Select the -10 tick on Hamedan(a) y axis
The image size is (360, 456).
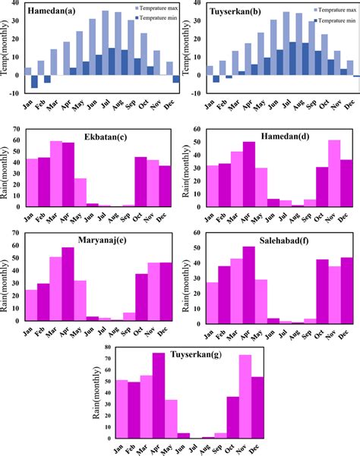point(14,93)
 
